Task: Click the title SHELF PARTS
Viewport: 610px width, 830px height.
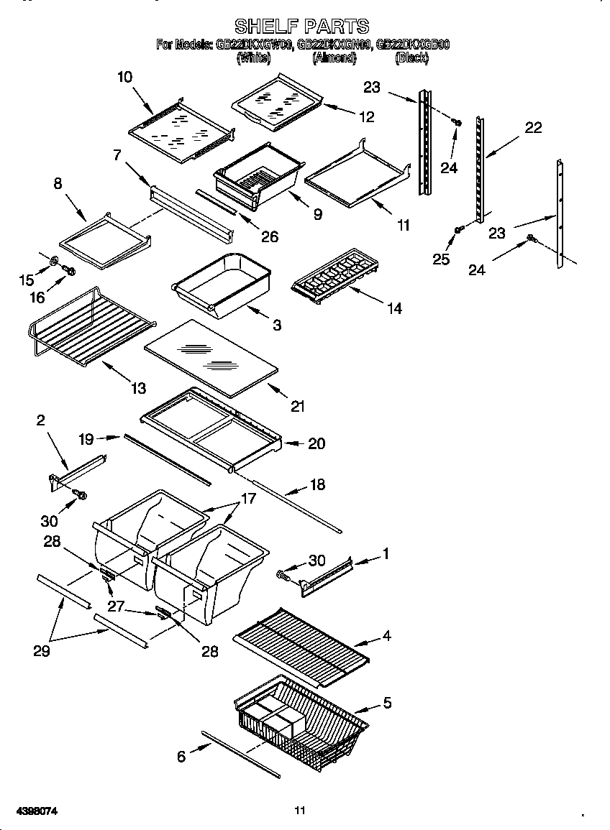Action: [x=301, y=27]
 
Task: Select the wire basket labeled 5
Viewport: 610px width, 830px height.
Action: [x=302, y=719]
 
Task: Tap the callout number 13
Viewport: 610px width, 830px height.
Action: [x=138, y=388]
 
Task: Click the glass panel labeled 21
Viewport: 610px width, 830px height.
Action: [x=210, y=357]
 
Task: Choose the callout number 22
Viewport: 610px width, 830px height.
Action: [x=533, y=128]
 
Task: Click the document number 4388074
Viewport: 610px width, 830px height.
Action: [x=29, y=811]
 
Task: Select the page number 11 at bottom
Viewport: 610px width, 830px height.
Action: [x=300, y=811]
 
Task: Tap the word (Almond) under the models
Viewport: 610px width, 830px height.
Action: [x=334, y=59]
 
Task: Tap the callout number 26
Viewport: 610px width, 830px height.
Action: [x=269, y=237]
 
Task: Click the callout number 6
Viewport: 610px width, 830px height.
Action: [x=181, y=755]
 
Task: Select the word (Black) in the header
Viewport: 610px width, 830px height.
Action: [x=411, y=59]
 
